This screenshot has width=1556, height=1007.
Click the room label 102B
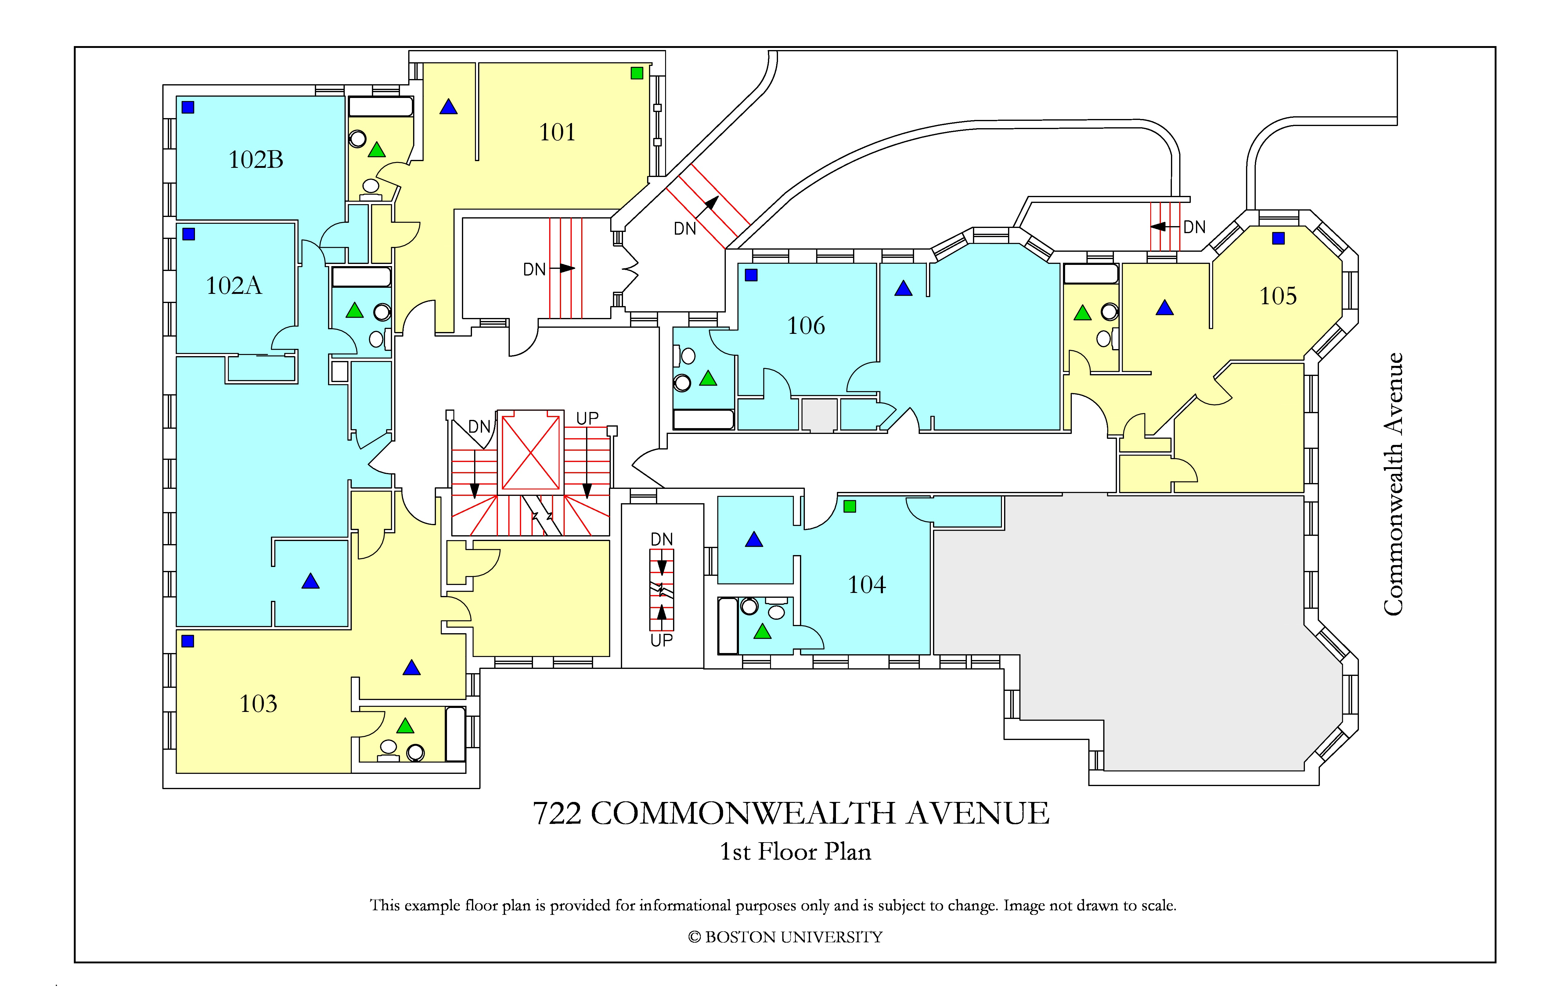(256, 160)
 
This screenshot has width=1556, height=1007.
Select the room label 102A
(234, 286)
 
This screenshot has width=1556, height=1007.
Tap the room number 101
(557, 132)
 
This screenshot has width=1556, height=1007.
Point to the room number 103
(258, 704)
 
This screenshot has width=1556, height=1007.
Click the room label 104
(867, 585)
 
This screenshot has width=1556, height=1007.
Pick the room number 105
(1278, 296)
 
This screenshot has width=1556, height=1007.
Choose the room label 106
(806, 326)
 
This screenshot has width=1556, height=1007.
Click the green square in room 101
(637, 73)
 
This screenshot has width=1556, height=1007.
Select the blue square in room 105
(1279, 239)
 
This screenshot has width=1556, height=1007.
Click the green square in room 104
(850, 506)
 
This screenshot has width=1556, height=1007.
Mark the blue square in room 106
(751, 275)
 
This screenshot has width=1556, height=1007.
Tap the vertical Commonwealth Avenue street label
(1393, 484)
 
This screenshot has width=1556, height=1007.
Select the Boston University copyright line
(785, 937)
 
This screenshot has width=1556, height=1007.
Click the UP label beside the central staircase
(587, 418)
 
